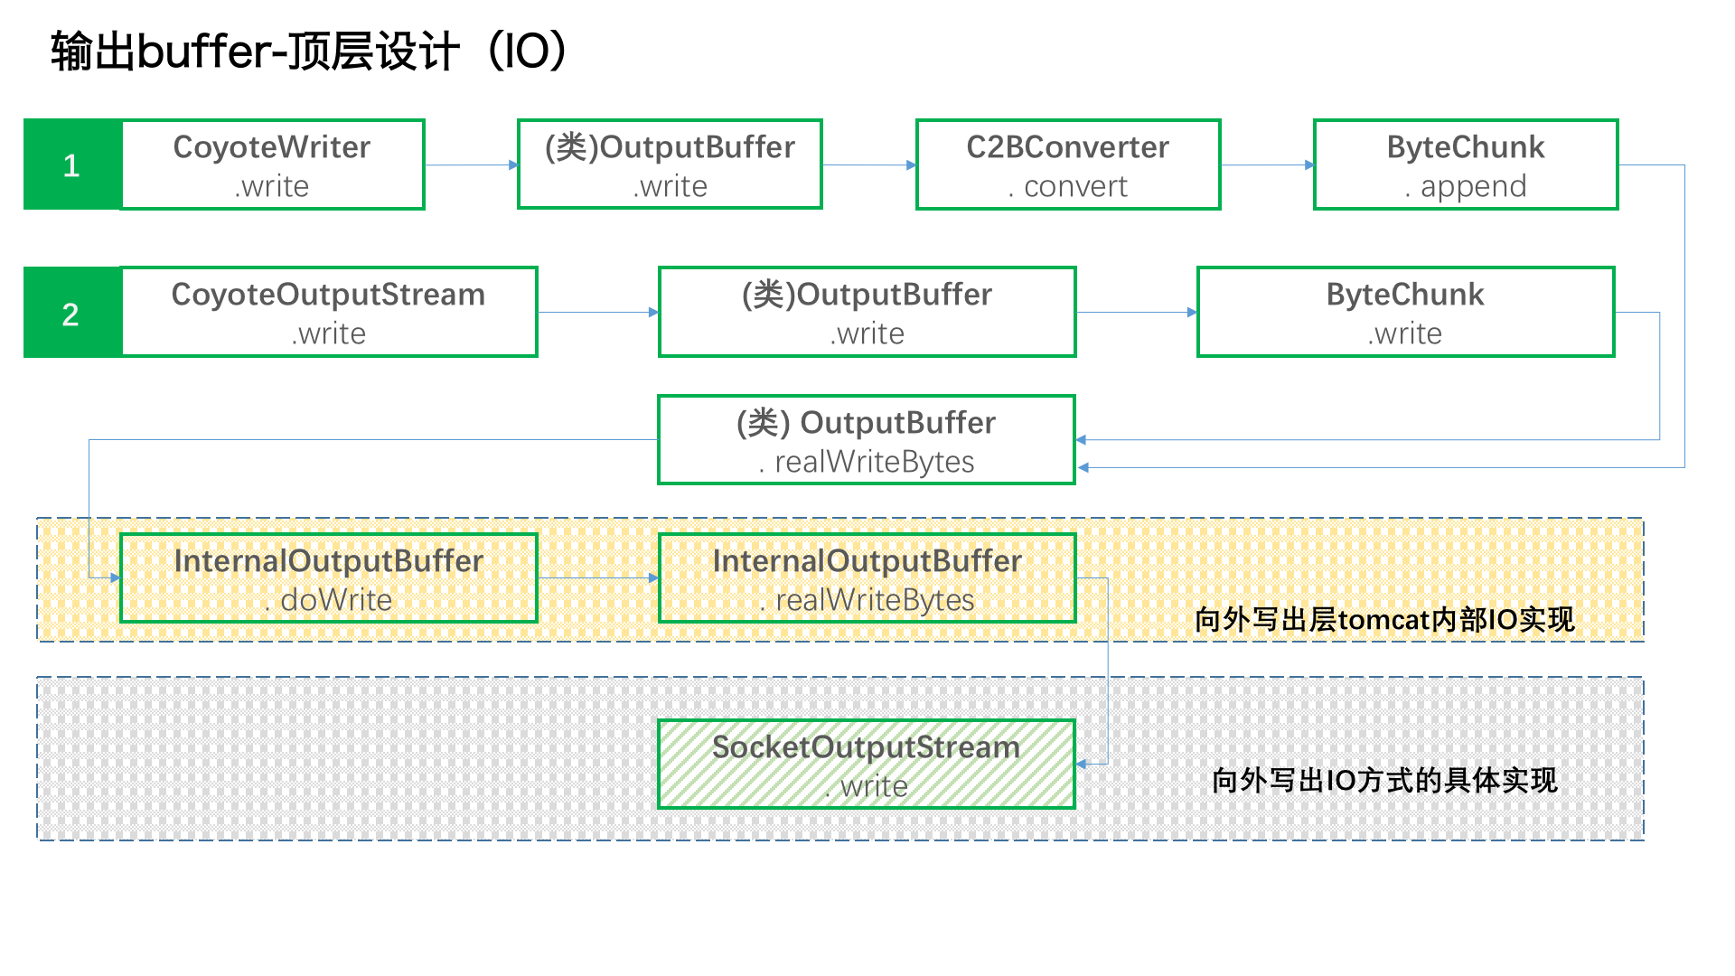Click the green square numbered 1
click(72, 164)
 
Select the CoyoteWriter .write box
click(272, 164)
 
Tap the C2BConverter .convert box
click(1068, 164)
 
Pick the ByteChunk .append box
click(1466, 164)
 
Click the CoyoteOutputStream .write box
click(329, 312)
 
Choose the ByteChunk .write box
click(1405, 312)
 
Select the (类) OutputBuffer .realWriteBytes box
click(867, 440)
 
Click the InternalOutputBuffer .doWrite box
click(329, 578)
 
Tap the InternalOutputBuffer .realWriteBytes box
click(867, 578)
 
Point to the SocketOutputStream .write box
click(867, 765)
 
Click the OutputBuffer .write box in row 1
click(670, 164)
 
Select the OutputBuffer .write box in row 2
click(867, 312)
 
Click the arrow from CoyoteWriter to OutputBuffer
click(472, 164)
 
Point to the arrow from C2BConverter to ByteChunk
click(1268, 164)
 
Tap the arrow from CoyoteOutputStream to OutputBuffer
click(598, 313)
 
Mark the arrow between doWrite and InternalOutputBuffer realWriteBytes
click(598, 578)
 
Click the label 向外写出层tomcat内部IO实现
click(1384, 620)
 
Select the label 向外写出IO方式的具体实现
click(1384, 780)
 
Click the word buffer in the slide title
click(204, 51)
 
